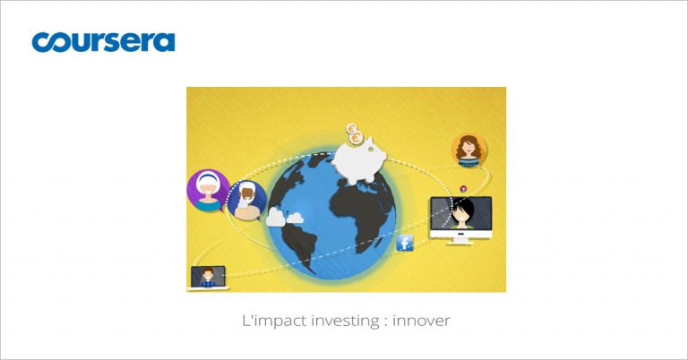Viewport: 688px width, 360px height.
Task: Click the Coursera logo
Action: click(103, 42)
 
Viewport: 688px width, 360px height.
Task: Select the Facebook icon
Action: click(405, 243)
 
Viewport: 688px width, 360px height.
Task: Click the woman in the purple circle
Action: click(208, 191)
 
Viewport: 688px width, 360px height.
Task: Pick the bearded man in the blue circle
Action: click(247, 200)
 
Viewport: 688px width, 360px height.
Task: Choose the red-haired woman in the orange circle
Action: click(469, 150)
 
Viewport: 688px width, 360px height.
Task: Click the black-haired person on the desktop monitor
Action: click(462, 213)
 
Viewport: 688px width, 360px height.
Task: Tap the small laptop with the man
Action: click(208, 278)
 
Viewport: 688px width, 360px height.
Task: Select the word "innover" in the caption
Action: click(421, 321)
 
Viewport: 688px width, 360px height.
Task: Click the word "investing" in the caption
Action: click(344, 321)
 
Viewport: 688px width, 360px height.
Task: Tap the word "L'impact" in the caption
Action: click(274, 321)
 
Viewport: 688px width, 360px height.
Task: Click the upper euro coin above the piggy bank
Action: click(351, 128)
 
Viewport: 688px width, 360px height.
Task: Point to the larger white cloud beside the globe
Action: click(276, 217)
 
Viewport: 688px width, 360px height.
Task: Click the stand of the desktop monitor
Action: click(460, 240)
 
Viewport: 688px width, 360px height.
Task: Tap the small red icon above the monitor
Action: click(463, 189)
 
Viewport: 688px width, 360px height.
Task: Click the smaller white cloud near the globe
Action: click(296, 218)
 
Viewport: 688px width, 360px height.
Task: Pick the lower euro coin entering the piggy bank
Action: click(357, 139)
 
